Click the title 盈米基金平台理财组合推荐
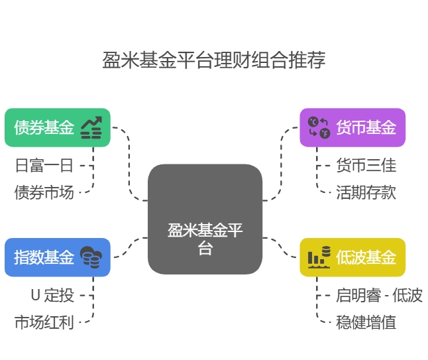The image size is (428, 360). coord(213,60)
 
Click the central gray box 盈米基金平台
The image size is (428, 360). coord(205,219)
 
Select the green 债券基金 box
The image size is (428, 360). coord(57,127)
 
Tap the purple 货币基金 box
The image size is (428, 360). coord(352,127)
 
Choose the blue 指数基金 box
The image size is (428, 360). coord(57,257)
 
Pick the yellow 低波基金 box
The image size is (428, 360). coord(352,257)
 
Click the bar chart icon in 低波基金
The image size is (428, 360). coord(319,257)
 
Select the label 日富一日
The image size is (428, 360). coord(44,165)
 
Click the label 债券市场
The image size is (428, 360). coord(44,192)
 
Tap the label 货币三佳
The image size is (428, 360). coord(366,165)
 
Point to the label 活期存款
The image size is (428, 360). coord(366,192)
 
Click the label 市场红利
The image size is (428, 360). coord(44,323)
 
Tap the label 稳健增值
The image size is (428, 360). coord(366,323)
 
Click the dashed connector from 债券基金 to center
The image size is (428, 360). coord(129,166)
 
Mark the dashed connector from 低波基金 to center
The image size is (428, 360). coord(282,247)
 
